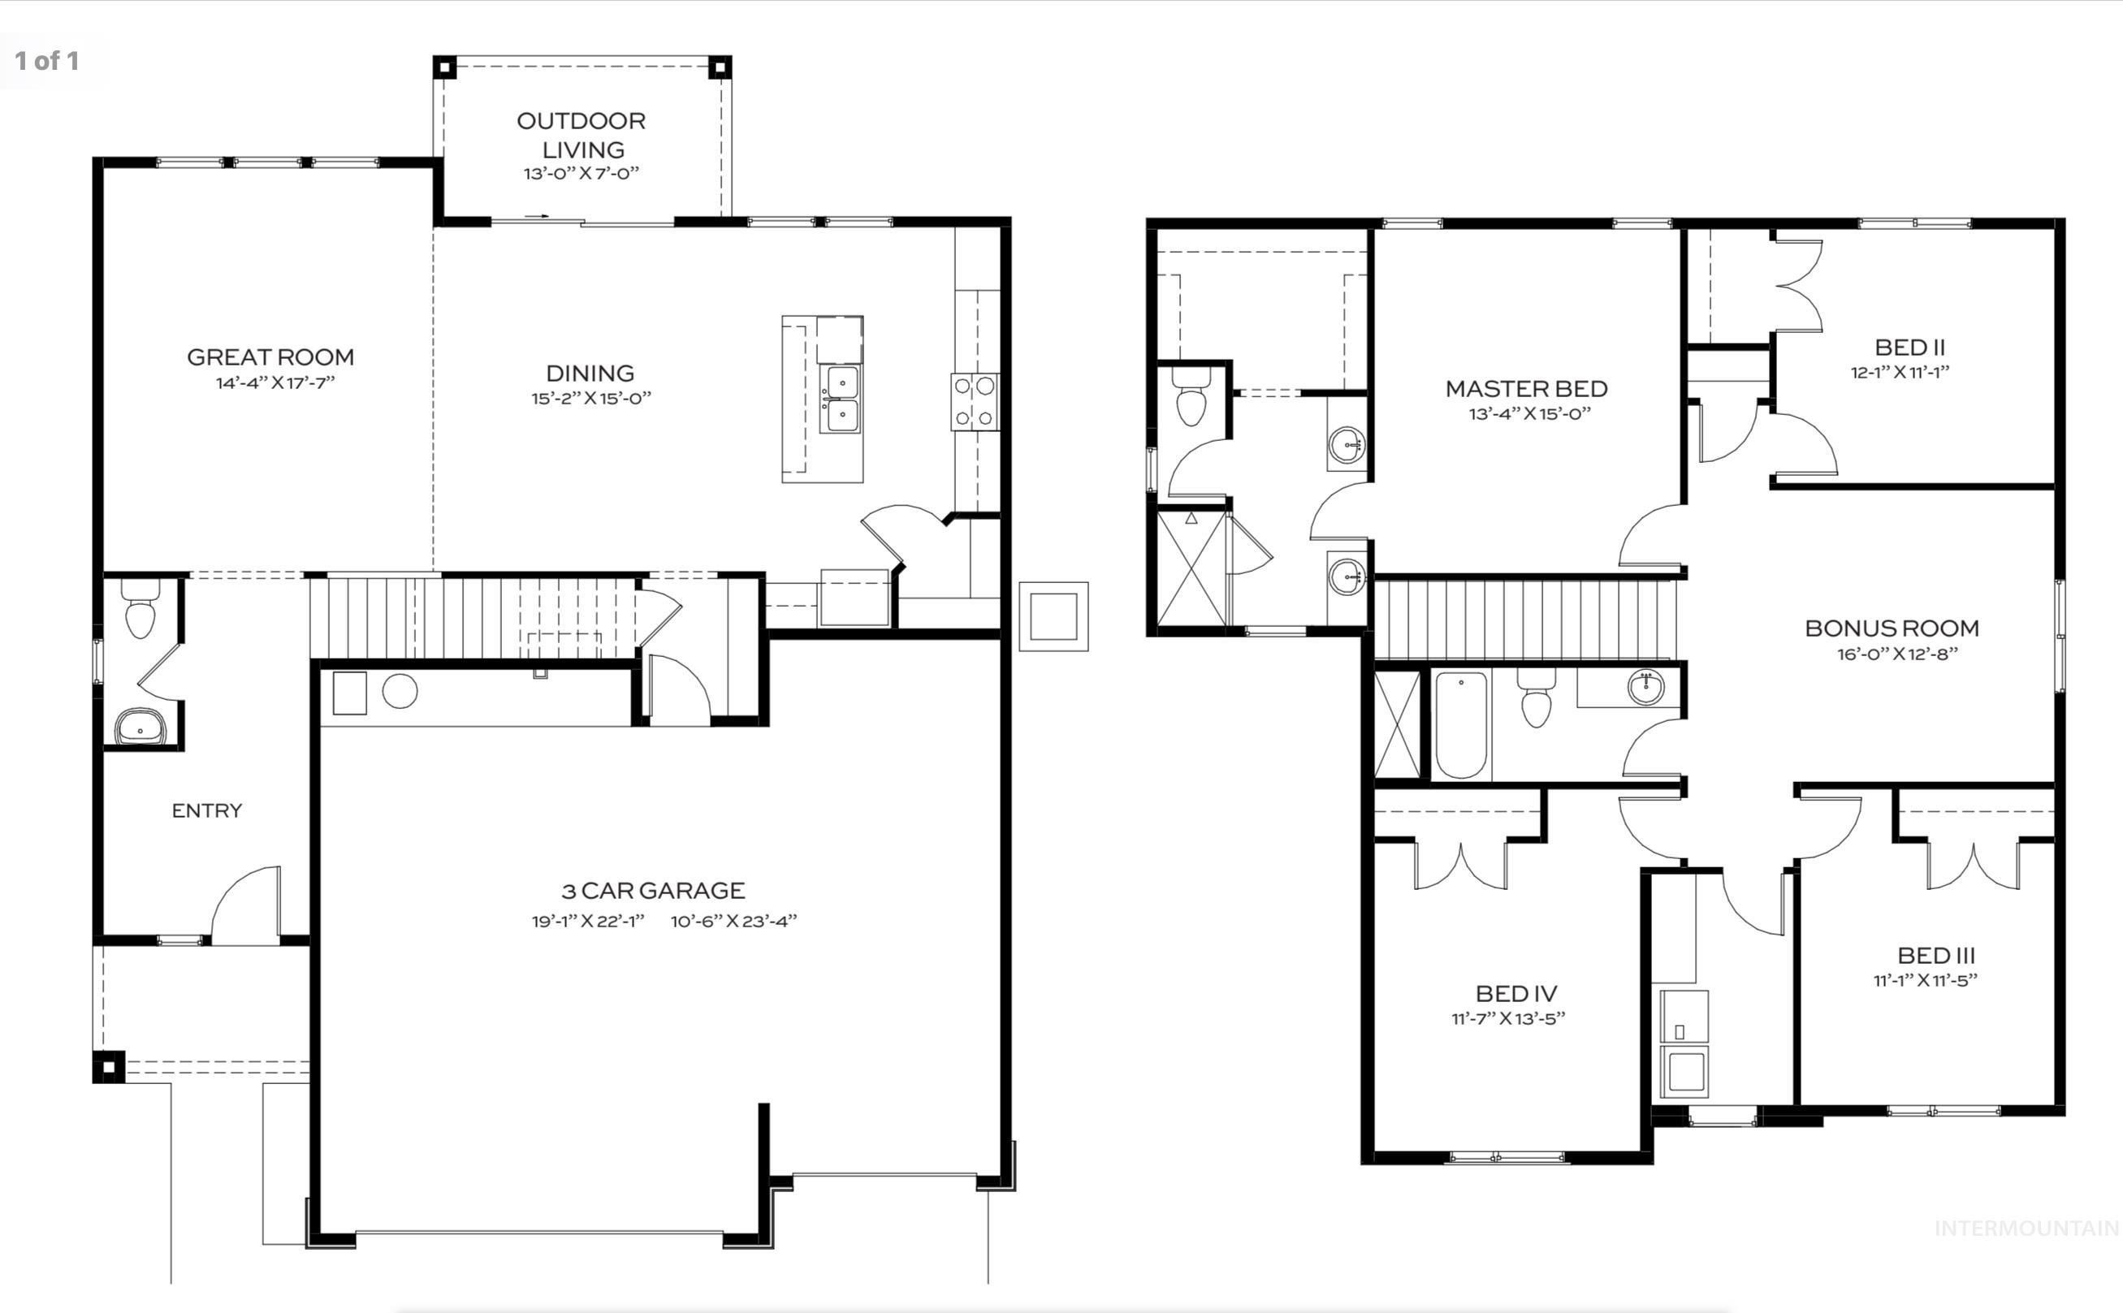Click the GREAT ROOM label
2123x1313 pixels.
(270, 357)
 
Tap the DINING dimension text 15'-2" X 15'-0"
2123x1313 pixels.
(591, 399)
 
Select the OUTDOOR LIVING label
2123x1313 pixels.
(581, 135)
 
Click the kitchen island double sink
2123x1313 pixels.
(841, 399)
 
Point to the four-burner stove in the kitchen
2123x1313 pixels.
(975, 401)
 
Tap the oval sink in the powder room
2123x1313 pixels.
(140, 726)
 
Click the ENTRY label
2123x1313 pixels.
(206, 810)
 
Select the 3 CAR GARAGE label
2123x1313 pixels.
(653, 891)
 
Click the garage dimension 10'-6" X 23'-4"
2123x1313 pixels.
(733, 922)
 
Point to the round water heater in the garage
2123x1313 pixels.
(400, 691)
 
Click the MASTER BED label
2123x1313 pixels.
(1525, 388)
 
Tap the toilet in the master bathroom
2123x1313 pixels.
(1191, 398)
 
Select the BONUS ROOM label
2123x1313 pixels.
(1892, 628)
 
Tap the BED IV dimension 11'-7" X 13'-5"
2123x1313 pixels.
(1508, 1018)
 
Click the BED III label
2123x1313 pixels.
(1935, 955)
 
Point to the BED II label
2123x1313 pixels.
(1909, 348)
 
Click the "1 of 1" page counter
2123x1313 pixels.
(47, 60)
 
